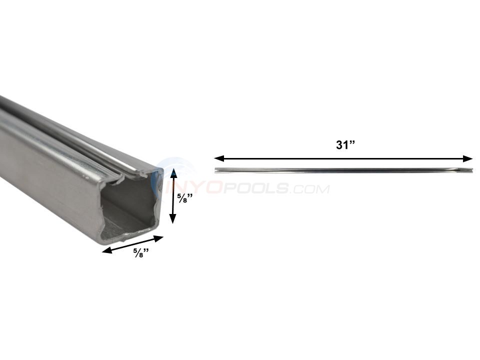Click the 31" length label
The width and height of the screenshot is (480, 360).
344,145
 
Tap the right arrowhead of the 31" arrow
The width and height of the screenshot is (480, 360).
468,159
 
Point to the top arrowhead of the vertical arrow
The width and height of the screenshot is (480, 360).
172,173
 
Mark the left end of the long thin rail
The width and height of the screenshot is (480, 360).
216,170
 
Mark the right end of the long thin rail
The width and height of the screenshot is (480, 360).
470,170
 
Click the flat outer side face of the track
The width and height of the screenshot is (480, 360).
45,165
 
